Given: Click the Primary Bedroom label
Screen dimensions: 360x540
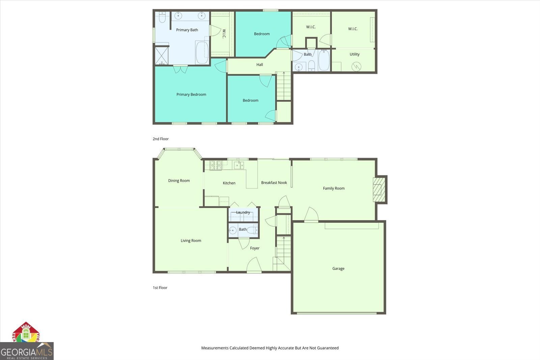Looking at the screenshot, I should pos(191,95).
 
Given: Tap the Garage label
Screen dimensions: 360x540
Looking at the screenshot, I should pos(338,269).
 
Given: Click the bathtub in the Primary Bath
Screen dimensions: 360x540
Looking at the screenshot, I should pos(202,52).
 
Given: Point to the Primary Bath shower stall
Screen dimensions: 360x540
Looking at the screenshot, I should pos(162,56).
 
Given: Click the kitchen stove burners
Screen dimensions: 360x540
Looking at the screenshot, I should pos(216,165).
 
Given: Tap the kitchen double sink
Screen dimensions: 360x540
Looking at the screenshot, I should pos(239,165).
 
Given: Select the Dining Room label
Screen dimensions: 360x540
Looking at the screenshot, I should pos(179,181).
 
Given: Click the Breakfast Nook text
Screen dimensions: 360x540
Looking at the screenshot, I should pos(274,183).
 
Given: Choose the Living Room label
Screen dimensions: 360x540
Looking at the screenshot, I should pos(191,241).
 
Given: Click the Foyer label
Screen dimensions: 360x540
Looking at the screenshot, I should pos(255,248).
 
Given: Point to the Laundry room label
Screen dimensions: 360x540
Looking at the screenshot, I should pos(243,212).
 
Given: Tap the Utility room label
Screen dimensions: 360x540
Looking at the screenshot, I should pos(354,54).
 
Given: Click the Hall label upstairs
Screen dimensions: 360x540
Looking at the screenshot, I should pos(260,65).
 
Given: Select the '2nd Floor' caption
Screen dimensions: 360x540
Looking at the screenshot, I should pos(161,139).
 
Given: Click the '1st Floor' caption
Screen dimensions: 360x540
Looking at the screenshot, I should pos(160,288).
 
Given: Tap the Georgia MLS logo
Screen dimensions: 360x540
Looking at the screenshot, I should pos(27,351).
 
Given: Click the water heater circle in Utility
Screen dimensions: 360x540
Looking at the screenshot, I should pos(356,67).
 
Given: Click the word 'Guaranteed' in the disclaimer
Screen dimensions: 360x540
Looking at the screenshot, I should pos(327,348).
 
